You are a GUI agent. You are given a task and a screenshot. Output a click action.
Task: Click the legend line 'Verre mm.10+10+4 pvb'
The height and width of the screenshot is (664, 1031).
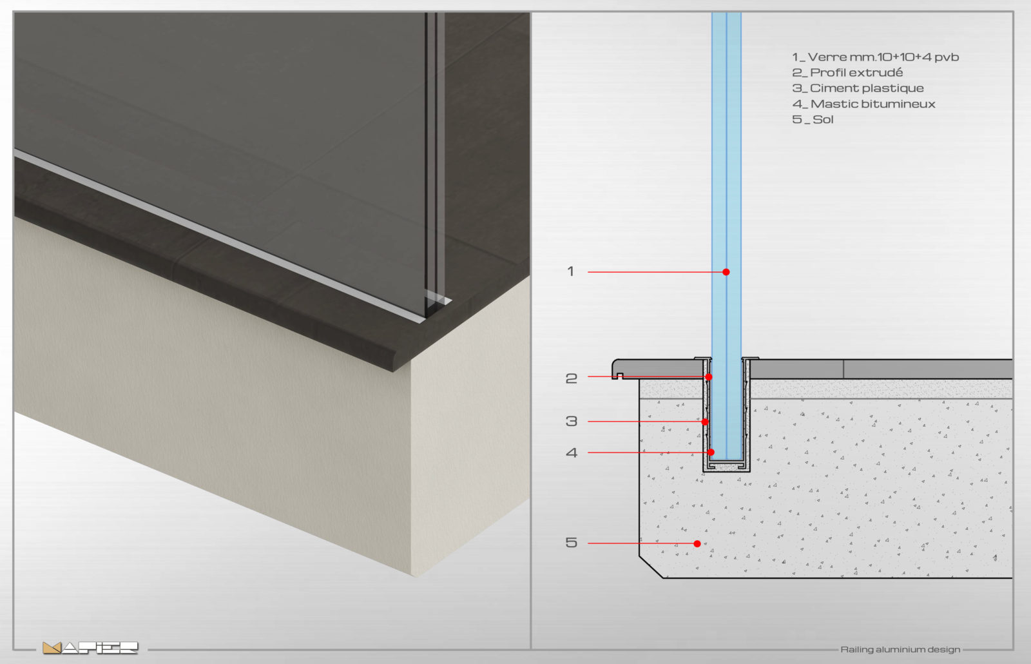875,57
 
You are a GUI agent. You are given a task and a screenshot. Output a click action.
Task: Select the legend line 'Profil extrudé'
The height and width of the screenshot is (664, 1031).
847,73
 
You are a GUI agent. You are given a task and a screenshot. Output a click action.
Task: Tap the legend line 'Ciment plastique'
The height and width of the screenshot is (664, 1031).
858,88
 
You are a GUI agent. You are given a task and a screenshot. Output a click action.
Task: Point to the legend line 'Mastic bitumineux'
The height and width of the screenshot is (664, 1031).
863,104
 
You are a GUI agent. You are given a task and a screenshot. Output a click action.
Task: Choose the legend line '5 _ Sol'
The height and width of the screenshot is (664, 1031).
813,120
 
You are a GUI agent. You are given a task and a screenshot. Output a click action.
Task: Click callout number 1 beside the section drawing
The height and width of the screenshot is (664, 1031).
571,271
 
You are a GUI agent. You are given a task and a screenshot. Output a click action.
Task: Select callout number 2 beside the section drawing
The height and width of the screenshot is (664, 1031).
571,378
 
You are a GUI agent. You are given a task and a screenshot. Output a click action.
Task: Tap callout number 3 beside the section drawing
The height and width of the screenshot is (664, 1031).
571,422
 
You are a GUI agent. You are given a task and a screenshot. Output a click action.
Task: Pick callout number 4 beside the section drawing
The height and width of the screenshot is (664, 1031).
571,453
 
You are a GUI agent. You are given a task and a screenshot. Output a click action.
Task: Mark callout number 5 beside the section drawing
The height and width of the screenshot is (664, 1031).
571,542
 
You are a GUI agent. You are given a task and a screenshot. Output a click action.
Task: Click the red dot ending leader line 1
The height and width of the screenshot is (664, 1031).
726,272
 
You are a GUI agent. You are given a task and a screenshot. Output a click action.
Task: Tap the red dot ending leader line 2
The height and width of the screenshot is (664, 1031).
709,377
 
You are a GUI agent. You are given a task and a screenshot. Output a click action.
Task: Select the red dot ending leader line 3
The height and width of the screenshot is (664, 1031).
705,422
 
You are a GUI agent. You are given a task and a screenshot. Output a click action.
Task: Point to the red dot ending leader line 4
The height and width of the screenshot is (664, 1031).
711,453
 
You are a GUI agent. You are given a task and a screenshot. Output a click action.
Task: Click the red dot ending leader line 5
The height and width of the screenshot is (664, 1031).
697,544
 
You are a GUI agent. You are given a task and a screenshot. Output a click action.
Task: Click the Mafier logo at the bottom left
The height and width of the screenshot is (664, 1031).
90,648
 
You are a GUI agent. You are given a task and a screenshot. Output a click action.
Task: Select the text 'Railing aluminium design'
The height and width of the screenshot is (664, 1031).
900,650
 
